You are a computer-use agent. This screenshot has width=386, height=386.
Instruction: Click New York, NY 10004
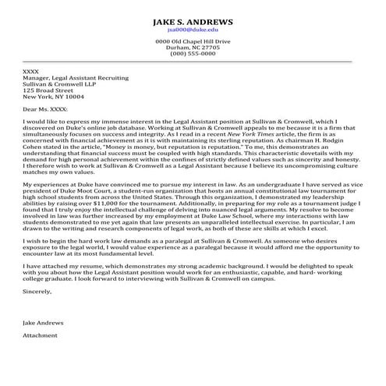[x=53, y=97]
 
